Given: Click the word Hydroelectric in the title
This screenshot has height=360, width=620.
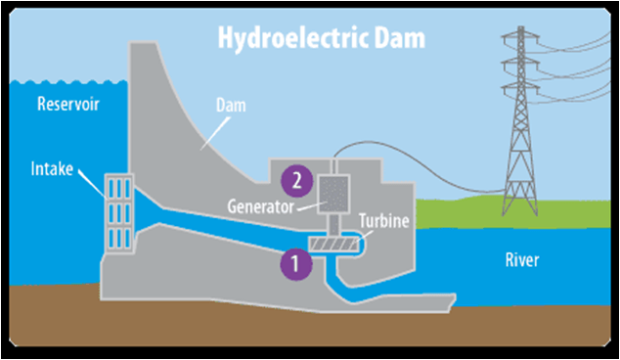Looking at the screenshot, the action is point(293,38).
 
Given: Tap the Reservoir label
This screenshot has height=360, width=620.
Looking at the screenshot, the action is point(68,104).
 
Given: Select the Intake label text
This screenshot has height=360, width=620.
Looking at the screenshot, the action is point(52,169).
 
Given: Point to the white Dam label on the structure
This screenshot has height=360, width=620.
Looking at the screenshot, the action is point(231,106).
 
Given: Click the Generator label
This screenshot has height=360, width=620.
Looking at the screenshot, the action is point(260,206).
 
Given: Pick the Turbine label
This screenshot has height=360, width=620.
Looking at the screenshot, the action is point(384,221).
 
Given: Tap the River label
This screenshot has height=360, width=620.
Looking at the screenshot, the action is point(522,260).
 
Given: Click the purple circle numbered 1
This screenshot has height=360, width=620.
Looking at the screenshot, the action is point(296,264).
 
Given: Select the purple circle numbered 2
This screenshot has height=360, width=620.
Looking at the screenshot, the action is point(297,181).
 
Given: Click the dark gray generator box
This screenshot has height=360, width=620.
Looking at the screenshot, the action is point(333,195).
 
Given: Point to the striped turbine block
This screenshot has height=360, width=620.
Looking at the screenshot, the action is point(332,245).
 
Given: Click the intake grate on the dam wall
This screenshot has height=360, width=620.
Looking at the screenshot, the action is point(119,212).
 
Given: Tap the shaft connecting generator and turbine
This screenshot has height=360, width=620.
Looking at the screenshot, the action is point(334,226).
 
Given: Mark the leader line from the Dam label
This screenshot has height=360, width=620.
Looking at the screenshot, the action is point(215,133).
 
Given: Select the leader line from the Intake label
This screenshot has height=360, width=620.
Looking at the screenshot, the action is point(92,184).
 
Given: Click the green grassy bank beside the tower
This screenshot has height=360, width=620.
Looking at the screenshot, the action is point(513,213).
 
